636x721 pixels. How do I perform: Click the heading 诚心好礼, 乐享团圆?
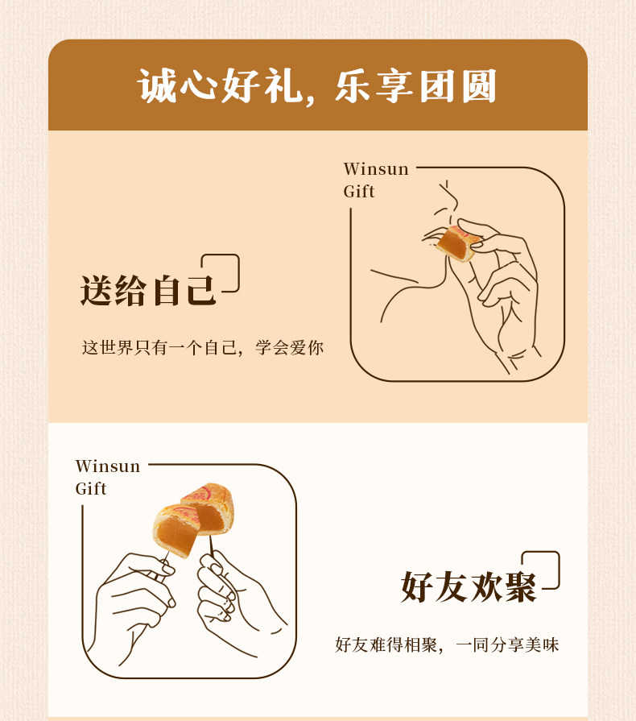(317, 85)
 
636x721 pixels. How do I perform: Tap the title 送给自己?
(148, 290)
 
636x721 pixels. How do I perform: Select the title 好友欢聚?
(469, 587)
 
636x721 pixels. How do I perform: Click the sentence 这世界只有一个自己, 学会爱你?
(203, 347)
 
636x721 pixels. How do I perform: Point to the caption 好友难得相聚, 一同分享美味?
(447, 644)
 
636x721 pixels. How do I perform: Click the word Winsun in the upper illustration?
(376, 168)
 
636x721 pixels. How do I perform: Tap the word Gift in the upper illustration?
(359, 191)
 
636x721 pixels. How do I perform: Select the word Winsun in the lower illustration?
(108, 466)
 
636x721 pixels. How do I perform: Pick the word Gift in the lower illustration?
(91, 488)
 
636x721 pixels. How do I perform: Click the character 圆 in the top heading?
(479, 86)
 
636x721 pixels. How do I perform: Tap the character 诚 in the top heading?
(157, 86)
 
